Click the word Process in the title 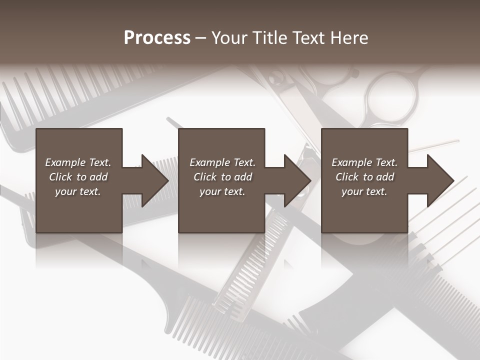[157, 38]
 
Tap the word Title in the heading [269, 38]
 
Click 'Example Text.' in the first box [78, 162]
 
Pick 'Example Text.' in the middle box [222, 162]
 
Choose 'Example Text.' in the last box [364, 162]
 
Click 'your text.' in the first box [78, 191]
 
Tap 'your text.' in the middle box [222, 191]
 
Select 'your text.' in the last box [364, 191]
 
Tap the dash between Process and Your [201, 38]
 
